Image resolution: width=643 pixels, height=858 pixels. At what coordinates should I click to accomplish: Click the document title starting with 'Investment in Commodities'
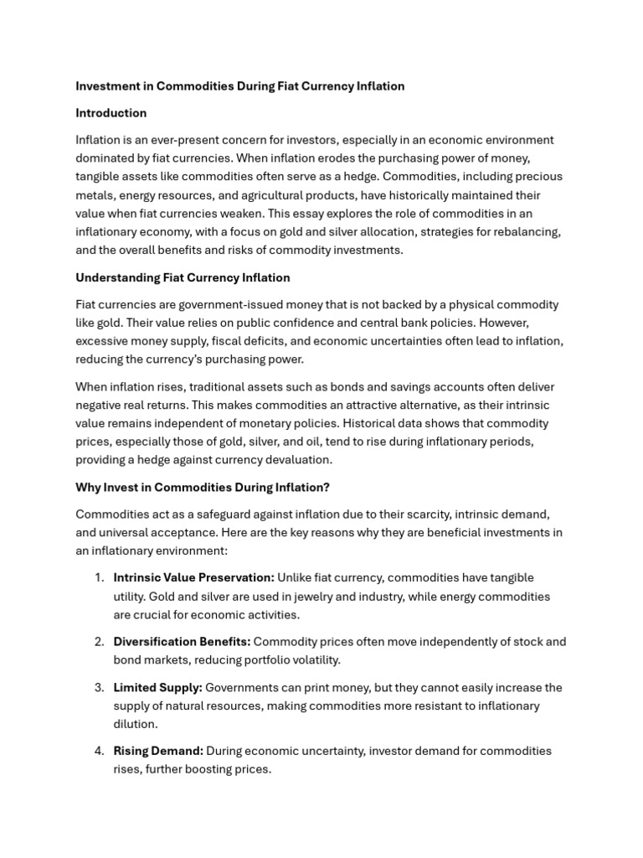point(239,86)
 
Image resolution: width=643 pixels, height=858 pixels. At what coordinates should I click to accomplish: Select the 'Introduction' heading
point(111,113)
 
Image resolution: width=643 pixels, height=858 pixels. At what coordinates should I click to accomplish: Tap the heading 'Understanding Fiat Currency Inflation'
point(183,277)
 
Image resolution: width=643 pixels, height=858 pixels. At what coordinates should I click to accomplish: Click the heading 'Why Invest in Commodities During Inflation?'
point(203,487)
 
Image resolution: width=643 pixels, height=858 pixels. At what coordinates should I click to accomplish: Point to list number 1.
point(99,577)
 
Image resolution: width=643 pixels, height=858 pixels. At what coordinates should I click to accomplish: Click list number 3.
point(99,687)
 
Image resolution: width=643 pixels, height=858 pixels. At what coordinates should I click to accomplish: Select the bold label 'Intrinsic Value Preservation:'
point(193,577)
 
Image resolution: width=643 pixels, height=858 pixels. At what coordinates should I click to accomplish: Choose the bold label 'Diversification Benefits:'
point(182,642)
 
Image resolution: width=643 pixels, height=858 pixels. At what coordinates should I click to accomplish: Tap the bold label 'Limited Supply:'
point(157,687)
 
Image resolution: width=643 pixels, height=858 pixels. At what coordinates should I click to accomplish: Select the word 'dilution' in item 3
point(135,724)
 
